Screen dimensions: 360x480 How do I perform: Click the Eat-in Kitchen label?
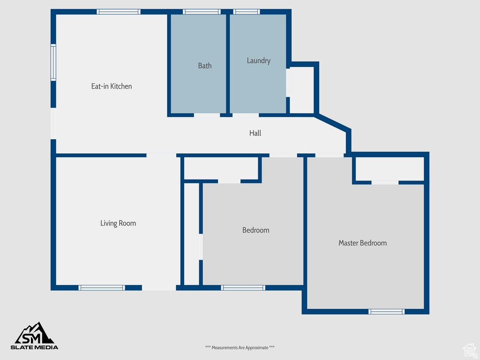(x=112, y=86)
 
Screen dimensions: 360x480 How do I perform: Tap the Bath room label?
(x=205, y=66)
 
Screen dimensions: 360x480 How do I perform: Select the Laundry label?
(x=259, y=60)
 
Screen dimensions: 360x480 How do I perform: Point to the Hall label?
(x=255, y=133)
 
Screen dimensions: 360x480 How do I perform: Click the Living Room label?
(x=118, y=223)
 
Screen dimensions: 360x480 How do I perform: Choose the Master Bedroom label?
(x=363, y=243)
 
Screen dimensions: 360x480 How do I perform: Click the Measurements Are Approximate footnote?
(x=240, y=347)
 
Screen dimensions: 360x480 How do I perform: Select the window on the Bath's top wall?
(x=202, y=12)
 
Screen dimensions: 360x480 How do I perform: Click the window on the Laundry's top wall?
(x=247, y=12)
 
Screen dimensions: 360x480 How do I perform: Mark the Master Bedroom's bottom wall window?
(x=386, y=311)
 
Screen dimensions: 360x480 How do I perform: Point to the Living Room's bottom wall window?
(x=102, y=288)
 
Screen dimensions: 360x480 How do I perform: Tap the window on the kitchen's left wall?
(x=53, y=62)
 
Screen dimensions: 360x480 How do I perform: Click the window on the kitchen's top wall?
(x=119, y=12)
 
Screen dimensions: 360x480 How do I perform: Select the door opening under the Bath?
(x=207, y=115)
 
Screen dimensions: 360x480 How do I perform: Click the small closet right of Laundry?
(x=302, y=90)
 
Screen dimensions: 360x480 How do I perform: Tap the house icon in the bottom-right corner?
(x=469, y=349)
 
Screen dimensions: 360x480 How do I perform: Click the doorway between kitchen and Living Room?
(x=161, y=155)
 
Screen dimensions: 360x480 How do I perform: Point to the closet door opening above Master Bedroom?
(x=385, y=182)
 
